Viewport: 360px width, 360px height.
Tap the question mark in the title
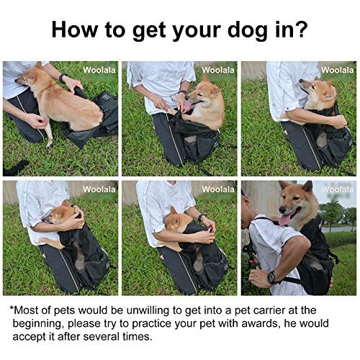coord(300,29)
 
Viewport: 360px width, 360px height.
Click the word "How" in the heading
coord(75,29)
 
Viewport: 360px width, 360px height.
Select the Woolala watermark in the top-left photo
coord(99,70)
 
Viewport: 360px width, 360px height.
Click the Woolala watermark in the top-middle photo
coord(218,70)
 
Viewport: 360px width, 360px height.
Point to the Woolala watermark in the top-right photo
coord(338,70)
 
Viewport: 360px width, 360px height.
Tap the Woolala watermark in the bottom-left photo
coord(99,189)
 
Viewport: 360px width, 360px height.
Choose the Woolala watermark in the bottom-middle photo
coord(218,189)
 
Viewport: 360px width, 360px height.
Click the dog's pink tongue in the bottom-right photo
coord(284,220)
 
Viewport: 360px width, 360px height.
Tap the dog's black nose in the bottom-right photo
coord(282,210)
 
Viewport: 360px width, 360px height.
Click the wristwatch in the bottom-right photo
coord(271,277)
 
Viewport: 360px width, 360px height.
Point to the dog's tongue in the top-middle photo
coord(188,106)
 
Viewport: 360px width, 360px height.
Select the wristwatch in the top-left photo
coord(62,78)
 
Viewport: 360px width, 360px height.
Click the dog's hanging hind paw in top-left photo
coord(50,143)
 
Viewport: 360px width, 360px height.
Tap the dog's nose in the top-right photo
coord(301,81)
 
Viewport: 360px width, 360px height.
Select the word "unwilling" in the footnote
coord(148,310)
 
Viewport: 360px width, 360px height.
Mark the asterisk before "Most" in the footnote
coord(12,307)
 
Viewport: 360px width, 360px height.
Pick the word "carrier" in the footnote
coord(262,310)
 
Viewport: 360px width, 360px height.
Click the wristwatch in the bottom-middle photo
coord(200,218)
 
